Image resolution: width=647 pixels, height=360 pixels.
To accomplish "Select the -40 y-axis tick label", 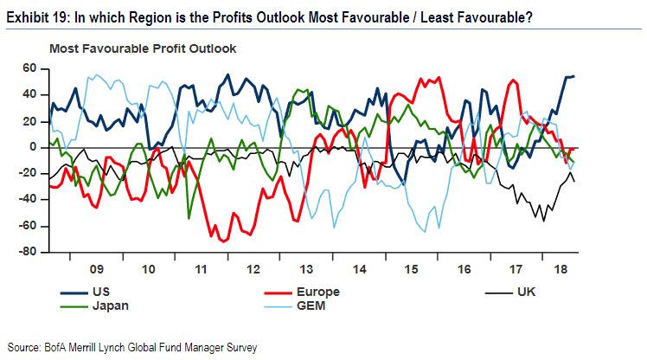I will [31, 201].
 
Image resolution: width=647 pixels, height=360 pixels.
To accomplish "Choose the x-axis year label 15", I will [411, 269].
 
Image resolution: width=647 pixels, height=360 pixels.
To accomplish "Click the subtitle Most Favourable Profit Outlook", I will [143, 48].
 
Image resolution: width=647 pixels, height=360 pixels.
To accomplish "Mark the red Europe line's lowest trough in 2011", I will [226, 241].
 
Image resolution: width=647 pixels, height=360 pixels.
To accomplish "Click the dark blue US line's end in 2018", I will [574, 76].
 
